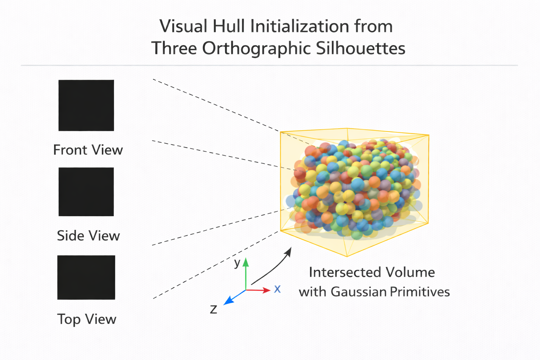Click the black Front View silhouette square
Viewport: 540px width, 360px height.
[86, 105]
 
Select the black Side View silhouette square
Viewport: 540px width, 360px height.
[86, 192]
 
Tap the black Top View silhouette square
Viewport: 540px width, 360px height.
[86, 277]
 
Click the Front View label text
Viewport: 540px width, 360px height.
[88, 150]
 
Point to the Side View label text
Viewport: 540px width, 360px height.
[88, 236]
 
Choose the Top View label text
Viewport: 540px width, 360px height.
[87, 319]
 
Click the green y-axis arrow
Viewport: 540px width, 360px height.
[246, 272]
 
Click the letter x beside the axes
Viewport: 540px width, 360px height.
[277, 289]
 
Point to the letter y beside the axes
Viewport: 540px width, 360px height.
[237, 263]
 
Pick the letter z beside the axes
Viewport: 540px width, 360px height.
[213, 309]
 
